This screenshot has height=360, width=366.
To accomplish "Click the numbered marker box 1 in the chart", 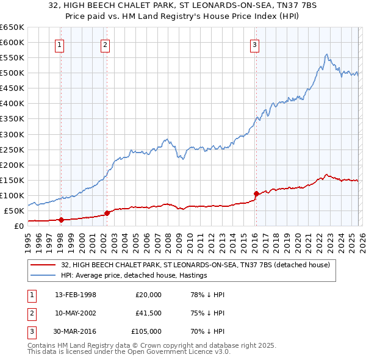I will click(x=60, y=44).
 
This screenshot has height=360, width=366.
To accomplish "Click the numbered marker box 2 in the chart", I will click(x=106, y=44).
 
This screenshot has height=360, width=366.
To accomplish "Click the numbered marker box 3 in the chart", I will click(x=254, y=44).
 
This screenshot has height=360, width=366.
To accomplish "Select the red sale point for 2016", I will click(x=256, y=194).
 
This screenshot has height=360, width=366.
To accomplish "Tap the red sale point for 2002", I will click(x=107, y=213).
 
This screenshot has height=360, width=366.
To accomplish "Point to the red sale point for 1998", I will click(x=61, y=220).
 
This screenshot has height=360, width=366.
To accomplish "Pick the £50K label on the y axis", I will click(x=14, y=211).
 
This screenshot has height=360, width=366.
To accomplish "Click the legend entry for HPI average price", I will click(x=134, y=275).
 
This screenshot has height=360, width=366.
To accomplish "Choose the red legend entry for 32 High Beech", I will click(x=195, y=265).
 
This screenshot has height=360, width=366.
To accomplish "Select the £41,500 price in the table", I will click(x=149, y=313).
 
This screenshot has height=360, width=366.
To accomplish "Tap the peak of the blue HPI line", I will click(x=327, y=54).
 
